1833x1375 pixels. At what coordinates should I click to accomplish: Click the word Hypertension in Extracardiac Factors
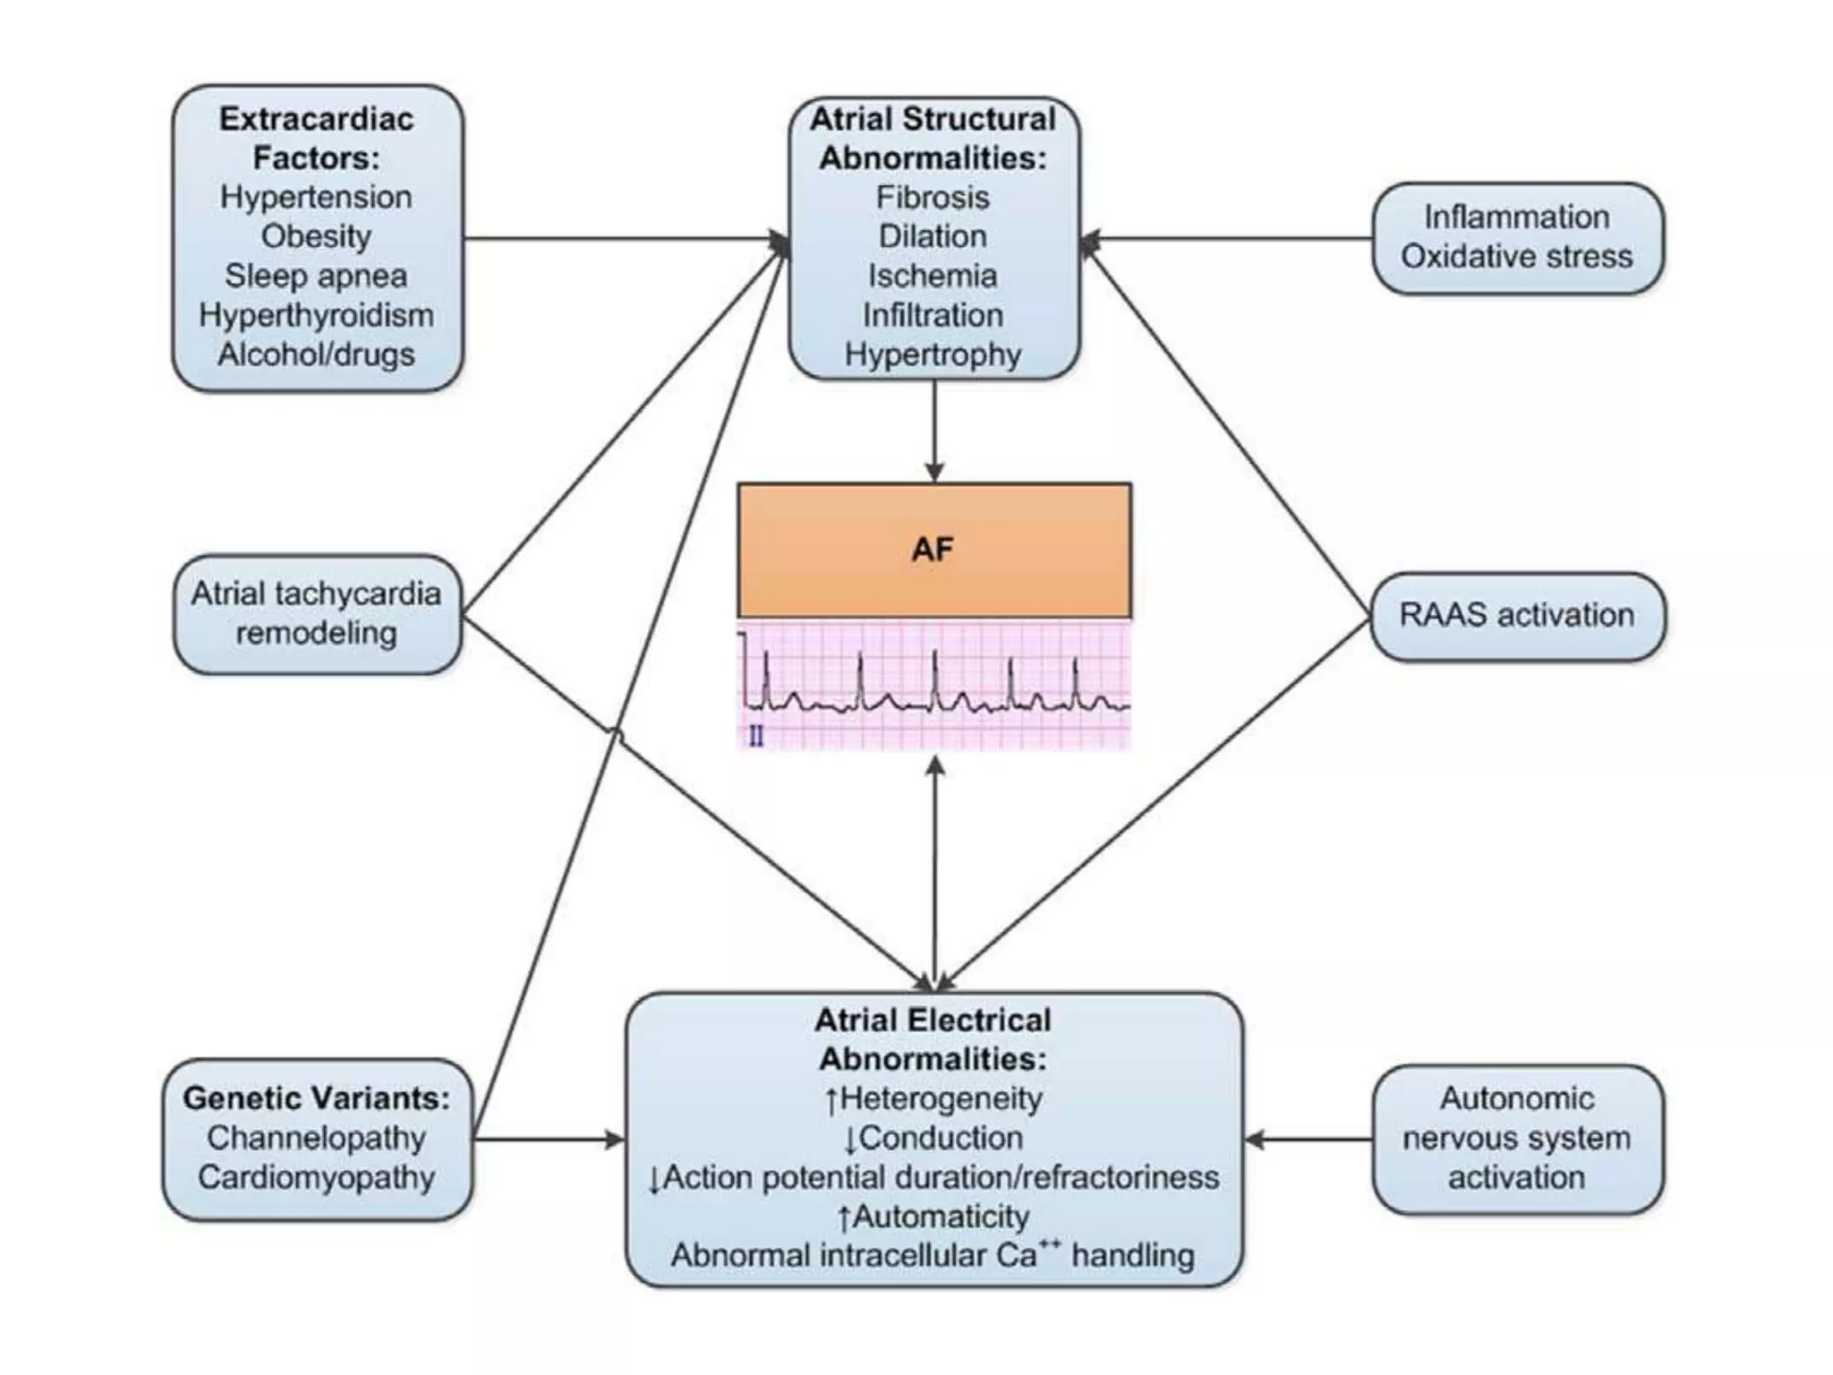tap(316, 197)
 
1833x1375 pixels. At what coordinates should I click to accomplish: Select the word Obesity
tap(316, 236)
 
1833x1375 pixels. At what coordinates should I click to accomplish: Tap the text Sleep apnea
tap(316, 276)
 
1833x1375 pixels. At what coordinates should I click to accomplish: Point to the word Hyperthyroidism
tap(316, 315)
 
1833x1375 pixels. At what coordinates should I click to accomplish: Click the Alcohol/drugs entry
tap(316, 354)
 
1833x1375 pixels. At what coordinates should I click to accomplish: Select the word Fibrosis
tap(933, 197)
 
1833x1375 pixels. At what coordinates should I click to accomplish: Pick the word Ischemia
tap(933, 276)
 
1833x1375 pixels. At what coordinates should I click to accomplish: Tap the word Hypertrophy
tap(933, 354)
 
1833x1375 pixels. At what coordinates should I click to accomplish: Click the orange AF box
tap(934, 550)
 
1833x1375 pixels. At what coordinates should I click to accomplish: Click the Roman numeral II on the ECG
tap(756, 737)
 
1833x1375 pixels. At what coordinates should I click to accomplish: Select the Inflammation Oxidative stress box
tap(1517, 237)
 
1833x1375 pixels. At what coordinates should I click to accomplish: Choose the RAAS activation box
tap(1517, 616)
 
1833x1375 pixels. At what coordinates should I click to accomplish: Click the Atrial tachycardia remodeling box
tap(316, 613)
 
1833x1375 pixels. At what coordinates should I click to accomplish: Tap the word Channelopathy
tap(316, 1138)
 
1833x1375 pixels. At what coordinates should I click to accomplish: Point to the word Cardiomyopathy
tap(316, 1177)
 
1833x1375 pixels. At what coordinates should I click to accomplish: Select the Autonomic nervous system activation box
tap(1517, 1138)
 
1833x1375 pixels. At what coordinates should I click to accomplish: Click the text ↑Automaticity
tap(933, 1217)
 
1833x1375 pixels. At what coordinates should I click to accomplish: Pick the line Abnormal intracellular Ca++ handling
tap(933, 1255)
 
